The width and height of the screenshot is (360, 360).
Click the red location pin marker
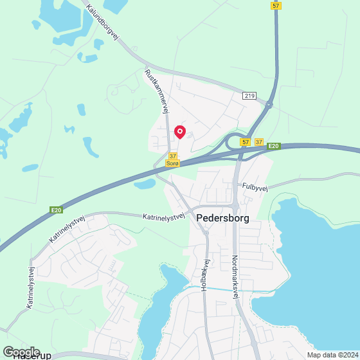click(x=180, y=132)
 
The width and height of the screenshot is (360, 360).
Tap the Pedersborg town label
click(x=222, y=217)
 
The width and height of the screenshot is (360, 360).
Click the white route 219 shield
click(x=250, y=95)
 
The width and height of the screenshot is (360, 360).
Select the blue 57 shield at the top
click(x=276, y=5)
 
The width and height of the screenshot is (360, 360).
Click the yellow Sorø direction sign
click(x=172, y=164)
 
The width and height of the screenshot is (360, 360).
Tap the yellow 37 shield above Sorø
click(x=172, y=156)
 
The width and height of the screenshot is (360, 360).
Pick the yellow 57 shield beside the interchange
click(x=246, y=141)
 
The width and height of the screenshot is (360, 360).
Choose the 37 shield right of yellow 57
click(x=259, y=141)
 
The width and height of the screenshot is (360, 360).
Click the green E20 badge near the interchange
click(x=274, y=147)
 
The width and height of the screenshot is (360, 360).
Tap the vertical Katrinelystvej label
click(x=30, y=287)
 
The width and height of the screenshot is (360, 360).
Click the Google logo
click(x=21, y=352)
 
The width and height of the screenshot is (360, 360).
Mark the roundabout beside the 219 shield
click(x=269, y=103)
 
